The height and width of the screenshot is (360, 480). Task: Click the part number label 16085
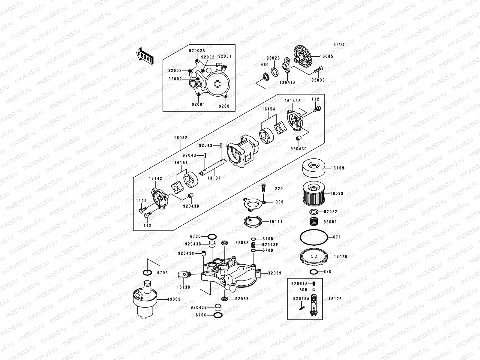pyautogui.click(x=326, y=56)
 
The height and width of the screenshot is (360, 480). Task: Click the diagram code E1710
pyautogui.click(x=340, y=44)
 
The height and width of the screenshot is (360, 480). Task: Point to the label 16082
pyautogui.click(x=180, y=138)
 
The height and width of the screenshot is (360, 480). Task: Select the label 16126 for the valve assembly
pyautogui.click(x=335, y=299)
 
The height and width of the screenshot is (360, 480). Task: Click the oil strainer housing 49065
pyautogui.click(x=145, y=300)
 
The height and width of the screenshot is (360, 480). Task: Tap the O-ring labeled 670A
pyautogui.click(x=147, y=273)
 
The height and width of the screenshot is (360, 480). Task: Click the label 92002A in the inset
pyautogui.click(x=196, y=51)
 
